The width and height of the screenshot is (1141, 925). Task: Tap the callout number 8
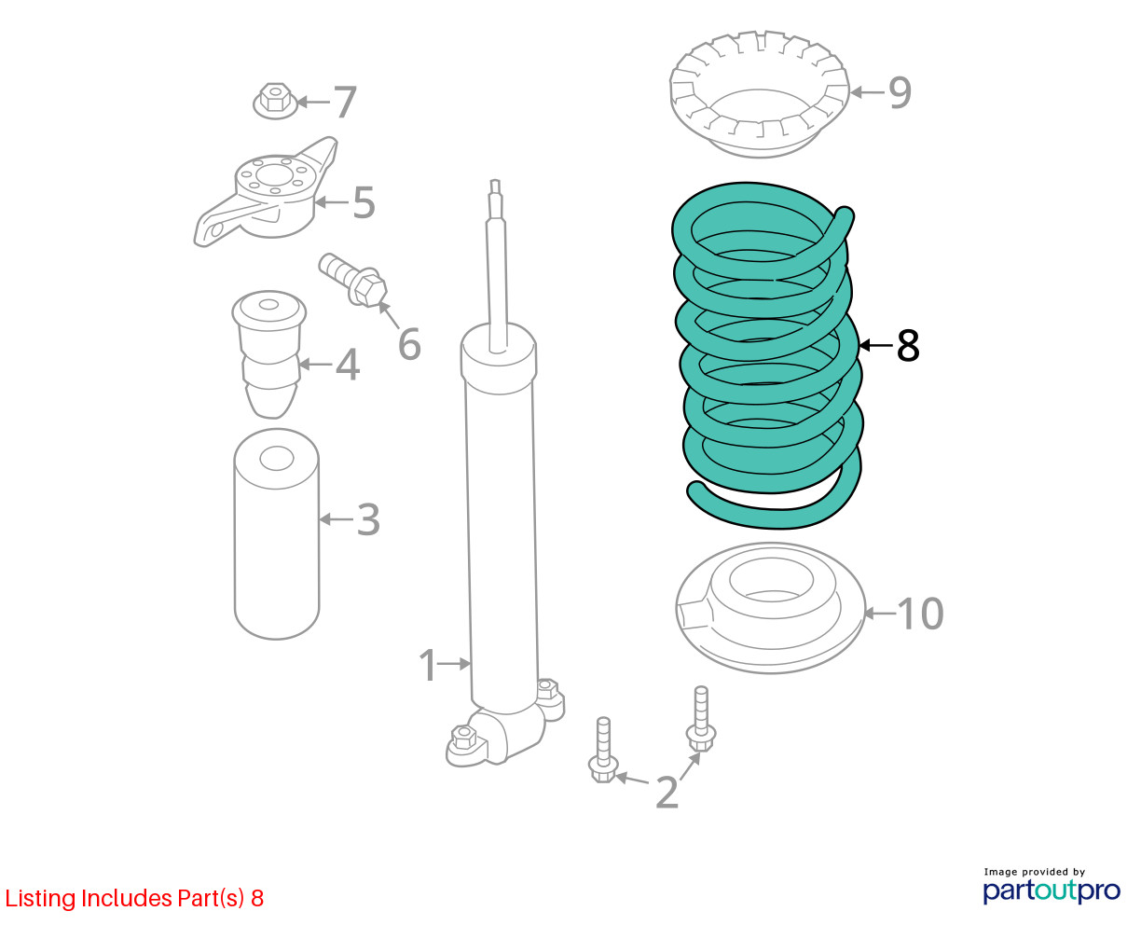pos(908,346)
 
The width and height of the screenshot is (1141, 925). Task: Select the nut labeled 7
pos(275,101)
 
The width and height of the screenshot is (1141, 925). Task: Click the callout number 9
pos(900,92)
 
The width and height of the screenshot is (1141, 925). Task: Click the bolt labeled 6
pos(353,280)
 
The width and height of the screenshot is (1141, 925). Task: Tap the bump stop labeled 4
pos(268,353)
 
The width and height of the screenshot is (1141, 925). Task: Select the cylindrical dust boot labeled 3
pos(277,533)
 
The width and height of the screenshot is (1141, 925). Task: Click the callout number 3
pos(368,519)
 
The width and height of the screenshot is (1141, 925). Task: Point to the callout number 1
pos(428,665)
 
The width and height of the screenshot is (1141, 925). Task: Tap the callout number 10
pos(920,614)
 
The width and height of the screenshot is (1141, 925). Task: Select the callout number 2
pos(667,792)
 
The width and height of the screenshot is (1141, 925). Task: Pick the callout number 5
pos(364,202)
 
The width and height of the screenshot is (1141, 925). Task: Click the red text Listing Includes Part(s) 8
pos(134,898)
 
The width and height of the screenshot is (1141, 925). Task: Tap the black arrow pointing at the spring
pos(876,346)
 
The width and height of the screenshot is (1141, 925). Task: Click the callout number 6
pos(409,343)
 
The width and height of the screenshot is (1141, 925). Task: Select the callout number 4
pos(348,365)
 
